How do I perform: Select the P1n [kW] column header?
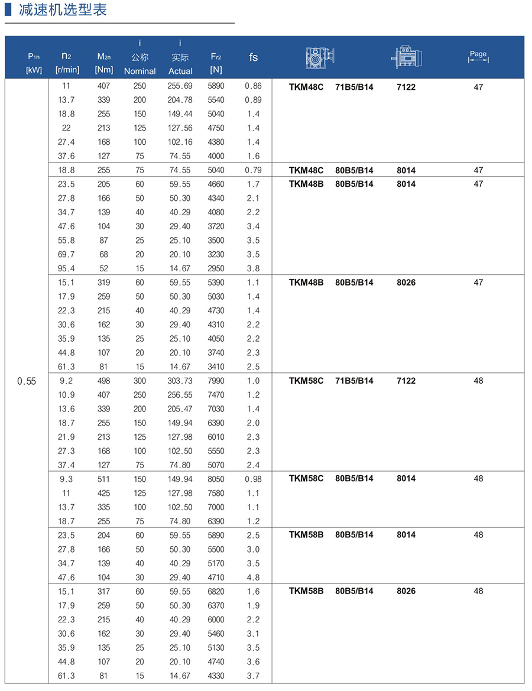pos(34,63)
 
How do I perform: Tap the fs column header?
pos(253,57)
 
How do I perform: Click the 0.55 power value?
pos(27,381)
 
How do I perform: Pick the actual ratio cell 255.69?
pos(180,86)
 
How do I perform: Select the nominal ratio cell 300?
pos(140,381)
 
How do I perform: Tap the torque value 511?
pos(103,479)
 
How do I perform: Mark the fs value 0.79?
pos(252,170)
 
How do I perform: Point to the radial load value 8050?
pos(216,479)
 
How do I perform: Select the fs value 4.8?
pos(252,578)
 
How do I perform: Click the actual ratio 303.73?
pos(180,381)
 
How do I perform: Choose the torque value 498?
pos(103,381)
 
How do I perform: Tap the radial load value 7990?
pos(216,381)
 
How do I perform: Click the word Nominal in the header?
pos(140,71)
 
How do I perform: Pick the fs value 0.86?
pos(252,86)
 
